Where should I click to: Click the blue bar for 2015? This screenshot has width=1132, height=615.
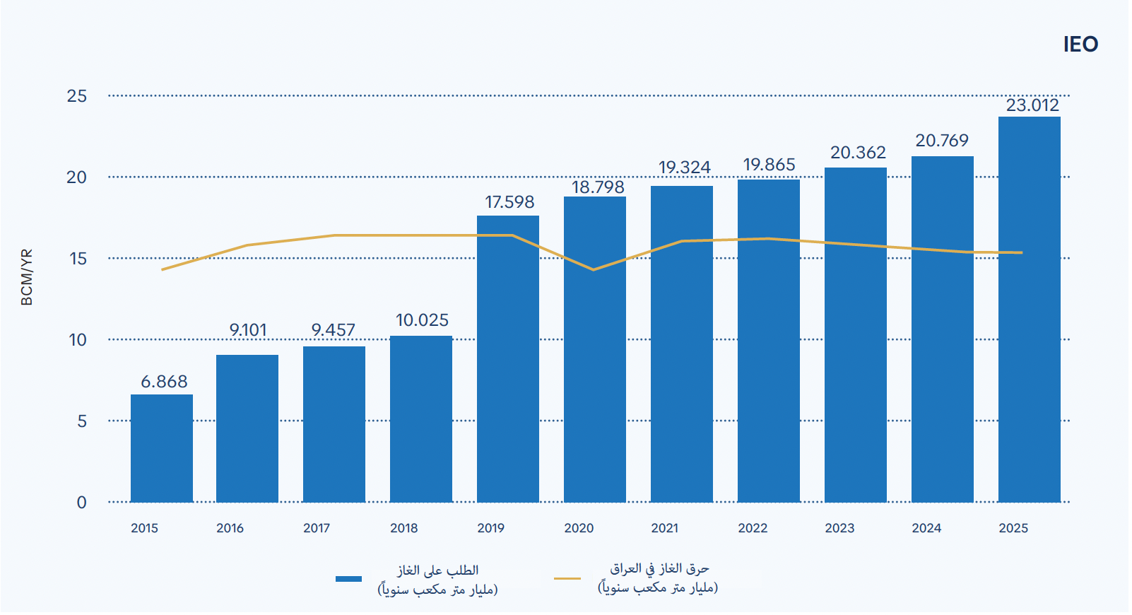tap(162, 448)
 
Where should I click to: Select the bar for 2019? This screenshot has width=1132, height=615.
tap(508, 359)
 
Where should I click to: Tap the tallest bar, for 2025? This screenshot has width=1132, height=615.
tap(1030, 310)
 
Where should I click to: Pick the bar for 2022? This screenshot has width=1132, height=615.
tap(769, 341)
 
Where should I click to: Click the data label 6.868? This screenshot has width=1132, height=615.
tap(164, 381)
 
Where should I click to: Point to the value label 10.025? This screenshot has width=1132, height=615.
tap(422, 320)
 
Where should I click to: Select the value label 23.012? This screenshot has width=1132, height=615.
tap(1032, 105)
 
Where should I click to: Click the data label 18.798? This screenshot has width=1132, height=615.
tap(598, 187)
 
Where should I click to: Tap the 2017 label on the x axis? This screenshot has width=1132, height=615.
tap(317, 528)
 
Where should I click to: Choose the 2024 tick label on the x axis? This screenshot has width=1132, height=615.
tap(926, 528)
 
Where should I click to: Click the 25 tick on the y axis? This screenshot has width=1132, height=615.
tap(77, 96)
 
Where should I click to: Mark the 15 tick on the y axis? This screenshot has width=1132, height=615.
tap(78, 259)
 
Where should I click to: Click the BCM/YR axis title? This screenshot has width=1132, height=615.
tap(27, 277)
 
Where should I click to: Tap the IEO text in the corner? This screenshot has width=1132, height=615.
tap(1080, 45)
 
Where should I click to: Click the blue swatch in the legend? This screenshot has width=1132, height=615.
tap(348, 578)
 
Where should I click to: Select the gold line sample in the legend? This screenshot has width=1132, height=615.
tap(567, 578)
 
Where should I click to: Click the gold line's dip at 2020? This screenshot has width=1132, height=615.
tap(594, 269)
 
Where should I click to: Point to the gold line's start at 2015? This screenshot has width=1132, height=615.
tap(163, 269)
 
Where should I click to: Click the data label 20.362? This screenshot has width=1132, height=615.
tap(858, 153)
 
